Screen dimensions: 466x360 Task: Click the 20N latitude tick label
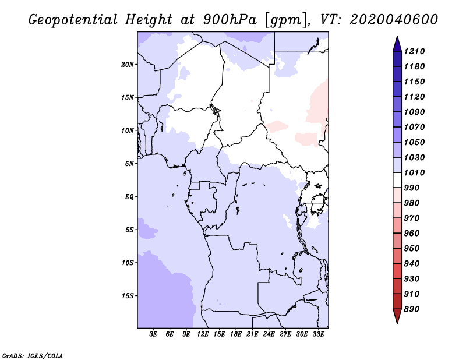pyautogui.click(x=128, y=65)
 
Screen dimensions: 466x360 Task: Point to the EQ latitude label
pyautogui.click(x=129, y=197)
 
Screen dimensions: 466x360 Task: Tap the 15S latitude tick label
pyautogui.click(x=128, y=296)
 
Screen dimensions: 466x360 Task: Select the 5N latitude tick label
pyautogui.click(x=129, y=164)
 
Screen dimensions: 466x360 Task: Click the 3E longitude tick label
pyautogui.click(x=153, y=334)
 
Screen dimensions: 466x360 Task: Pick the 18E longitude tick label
pyautogui.click(x=236, y=334)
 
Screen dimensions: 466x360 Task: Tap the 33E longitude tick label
pyautogui.click(x=318, y=334)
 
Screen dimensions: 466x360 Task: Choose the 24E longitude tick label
pyautogui.click(x=269, y=334)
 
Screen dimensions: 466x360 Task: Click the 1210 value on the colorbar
pyautogui.click(x=414, y=51)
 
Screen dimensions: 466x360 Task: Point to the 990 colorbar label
pyautogui.click(x=412, y=188)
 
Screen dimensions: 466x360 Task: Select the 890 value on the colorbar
pyautogui.click(x=412, y=309)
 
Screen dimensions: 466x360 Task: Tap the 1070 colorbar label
pyautogui.click(x=414, y=127)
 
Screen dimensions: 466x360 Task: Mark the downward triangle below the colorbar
pyautogui.click(x=397, y=315)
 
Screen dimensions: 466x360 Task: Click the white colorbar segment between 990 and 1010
pyautogui.click(x=397, y=180)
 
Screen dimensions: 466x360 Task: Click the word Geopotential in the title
pyautogui.click(x=73, y=20)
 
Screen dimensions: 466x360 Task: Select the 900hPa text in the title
pyautogui.click(x=230, y=20)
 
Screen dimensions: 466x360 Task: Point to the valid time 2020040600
pyautogui.click(x=394, y=20)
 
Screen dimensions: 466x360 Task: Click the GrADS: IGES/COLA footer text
pyautogui.click(x=33, y=356)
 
